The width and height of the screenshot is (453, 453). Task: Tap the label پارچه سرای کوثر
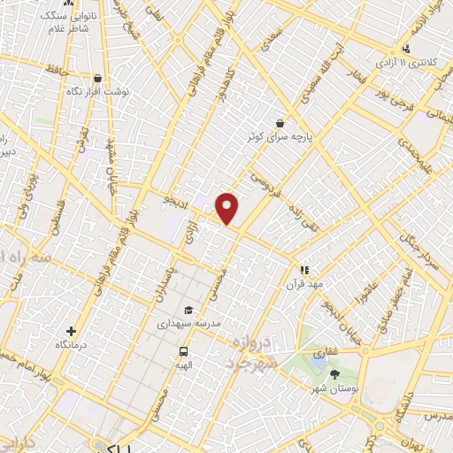tap(280, 138)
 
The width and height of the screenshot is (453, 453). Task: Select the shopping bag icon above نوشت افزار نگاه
tap(97, 78)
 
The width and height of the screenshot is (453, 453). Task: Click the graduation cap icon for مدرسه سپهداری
tap(188, 310)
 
